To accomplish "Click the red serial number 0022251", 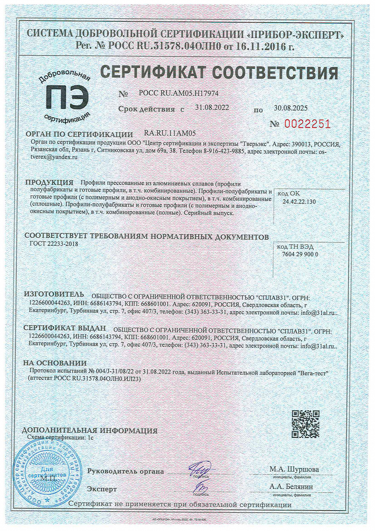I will [x=307, y=124].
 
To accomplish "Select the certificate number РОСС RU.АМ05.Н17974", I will [x=179, y=93].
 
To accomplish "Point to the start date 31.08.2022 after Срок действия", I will [x=212, y=108].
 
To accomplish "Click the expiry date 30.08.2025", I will [x=291, y=108].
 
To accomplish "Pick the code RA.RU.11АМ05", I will [x=170, y=133].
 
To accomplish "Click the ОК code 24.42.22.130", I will [x=299, y=201].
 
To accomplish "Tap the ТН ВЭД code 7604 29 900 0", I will [x=300, y=254].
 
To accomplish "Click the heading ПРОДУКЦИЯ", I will [x=49, y=183].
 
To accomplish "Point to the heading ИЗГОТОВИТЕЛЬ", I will [x=54, y=295].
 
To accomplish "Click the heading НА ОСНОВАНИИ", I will [x=55, y=363].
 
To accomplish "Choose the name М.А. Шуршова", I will [x=294, y=469].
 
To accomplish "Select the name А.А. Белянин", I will [x=291, y=487].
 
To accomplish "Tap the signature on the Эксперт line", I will [x=200, y=487].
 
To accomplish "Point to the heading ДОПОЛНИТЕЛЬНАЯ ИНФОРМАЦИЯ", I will [x=90, y=430].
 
